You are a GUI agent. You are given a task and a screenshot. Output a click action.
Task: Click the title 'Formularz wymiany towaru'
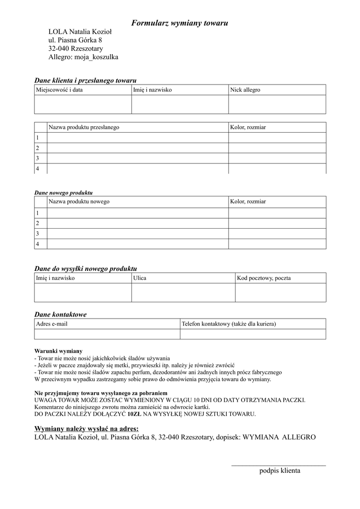(x=180, y=23)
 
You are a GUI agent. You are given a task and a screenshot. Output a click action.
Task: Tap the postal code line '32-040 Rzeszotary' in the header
(x=76, y=49)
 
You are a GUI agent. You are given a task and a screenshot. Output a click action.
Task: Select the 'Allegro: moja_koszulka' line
(x=83, y=57)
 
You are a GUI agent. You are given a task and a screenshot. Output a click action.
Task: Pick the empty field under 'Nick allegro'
(x=277, y=104)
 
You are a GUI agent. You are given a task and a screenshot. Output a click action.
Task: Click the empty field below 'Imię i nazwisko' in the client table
(x=180, y=104)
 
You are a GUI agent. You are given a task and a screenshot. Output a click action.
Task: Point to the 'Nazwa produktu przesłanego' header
(x=84, y=127)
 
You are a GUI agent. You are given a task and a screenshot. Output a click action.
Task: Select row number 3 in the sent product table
(x=37, y=158)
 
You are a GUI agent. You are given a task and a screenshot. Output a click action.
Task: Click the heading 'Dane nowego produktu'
(x=63, y=192)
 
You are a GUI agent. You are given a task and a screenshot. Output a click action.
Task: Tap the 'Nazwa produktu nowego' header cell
(x=79, y=201)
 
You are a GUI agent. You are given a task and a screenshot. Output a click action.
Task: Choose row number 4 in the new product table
(x=37, y=244)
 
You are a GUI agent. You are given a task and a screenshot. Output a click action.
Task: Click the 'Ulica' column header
(x=140, y=278)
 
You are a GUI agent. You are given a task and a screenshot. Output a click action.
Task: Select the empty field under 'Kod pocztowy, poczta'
(x=280, y=292)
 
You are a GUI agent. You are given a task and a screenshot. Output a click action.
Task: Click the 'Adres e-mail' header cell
(x=52, y=324)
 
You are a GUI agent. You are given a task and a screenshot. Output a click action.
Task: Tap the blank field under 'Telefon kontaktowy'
(x=253, y=334)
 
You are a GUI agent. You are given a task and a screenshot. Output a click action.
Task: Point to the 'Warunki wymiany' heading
(x=58, y=350)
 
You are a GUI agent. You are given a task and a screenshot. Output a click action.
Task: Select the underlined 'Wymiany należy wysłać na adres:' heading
(x=86, y=428)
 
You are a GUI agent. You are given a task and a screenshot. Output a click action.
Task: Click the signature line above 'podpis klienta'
(x=278, y=465)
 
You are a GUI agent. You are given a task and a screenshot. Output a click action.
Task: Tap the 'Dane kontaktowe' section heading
(x=60, y=314)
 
